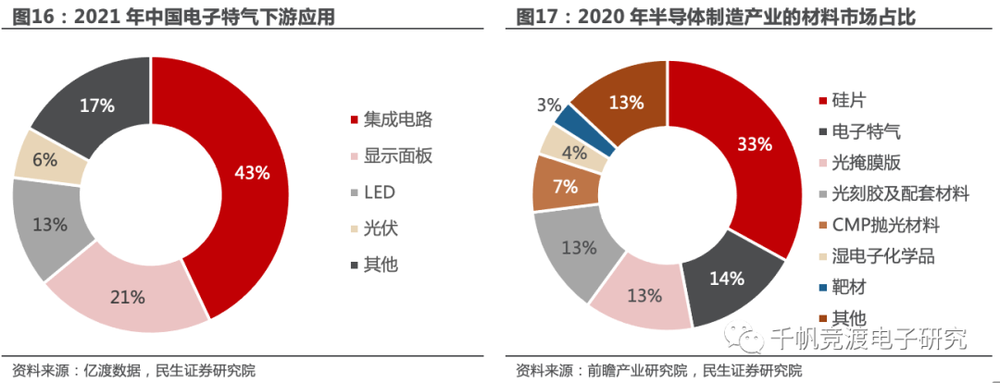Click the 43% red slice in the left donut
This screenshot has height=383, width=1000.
[x=250, y=173]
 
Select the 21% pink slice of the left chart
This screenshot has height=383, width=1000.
[x=128, y=296]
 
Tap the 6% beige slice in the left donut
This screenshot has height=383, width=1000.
[x=46, y=158]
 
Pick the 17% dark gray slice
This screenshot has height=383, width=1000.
[x=95, y=105]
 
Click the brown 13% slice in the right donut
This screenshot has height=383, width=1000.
[x=626, y=102]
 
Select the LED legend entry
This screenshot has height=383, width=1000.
[x=381, y=191]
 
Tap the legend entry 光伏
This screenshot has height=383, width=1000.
[x=381, y=228]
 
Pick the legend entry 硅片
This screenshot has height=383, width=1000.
[x=848, y=100]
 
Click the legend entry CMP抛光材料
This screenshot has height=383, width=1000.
[x=885, y=225]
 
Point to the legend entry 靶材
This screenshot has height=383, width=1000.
[x=848, y=288]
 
